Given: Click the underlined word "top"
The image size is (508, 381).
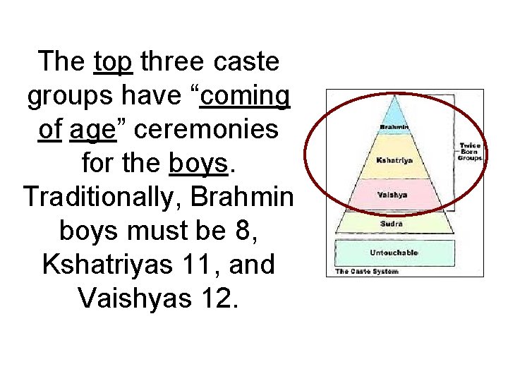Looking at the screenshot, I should tap(113, 62).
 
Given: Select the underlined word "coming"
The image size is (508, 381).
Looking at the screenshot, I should tap(245, 97).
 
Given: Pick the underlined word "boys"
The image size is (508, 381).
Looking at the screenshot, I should tap(199, 164).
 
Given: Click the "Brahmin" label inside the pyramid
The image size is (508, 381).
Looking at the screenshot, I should tap(394, 127).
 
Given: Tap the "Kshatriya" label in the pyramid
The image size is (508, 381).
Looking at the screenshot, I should tap(394, 160).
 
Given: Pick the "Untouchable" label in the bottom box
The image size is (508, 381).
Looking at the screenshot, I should tap(394, 253).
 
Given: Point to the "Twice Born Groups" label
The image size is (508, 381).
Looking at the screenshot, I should tap(470, 152).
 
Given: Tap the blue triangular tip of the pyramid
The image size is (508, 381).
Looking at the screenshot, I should tap(394, 111).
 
